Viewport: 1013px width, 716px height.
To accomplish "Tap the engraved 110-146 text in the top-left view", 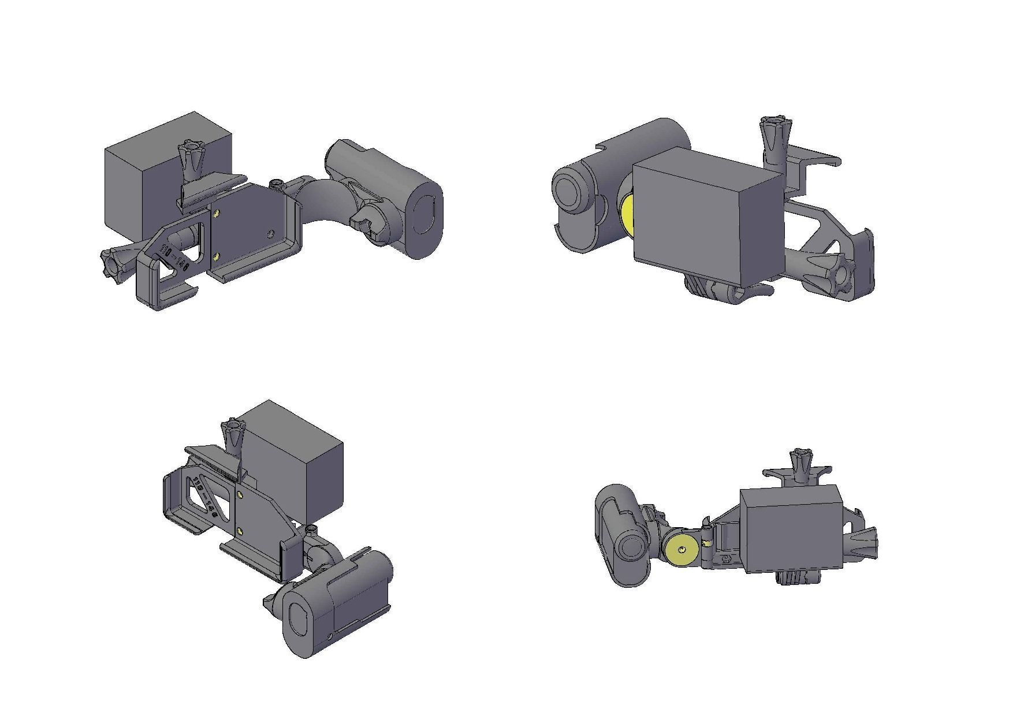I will [176, 258].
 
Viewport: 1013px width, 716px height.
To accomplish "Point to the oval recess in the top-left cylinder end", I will [427, 214].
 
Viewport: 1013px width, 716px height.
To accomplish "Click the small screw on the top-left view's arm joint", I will [277, 184].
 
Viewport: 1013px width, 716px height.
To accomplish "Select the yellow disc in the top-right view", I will [627, 217].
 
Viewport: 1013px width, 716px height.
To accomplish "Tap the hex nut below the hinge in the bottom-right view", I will [725, 559].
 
